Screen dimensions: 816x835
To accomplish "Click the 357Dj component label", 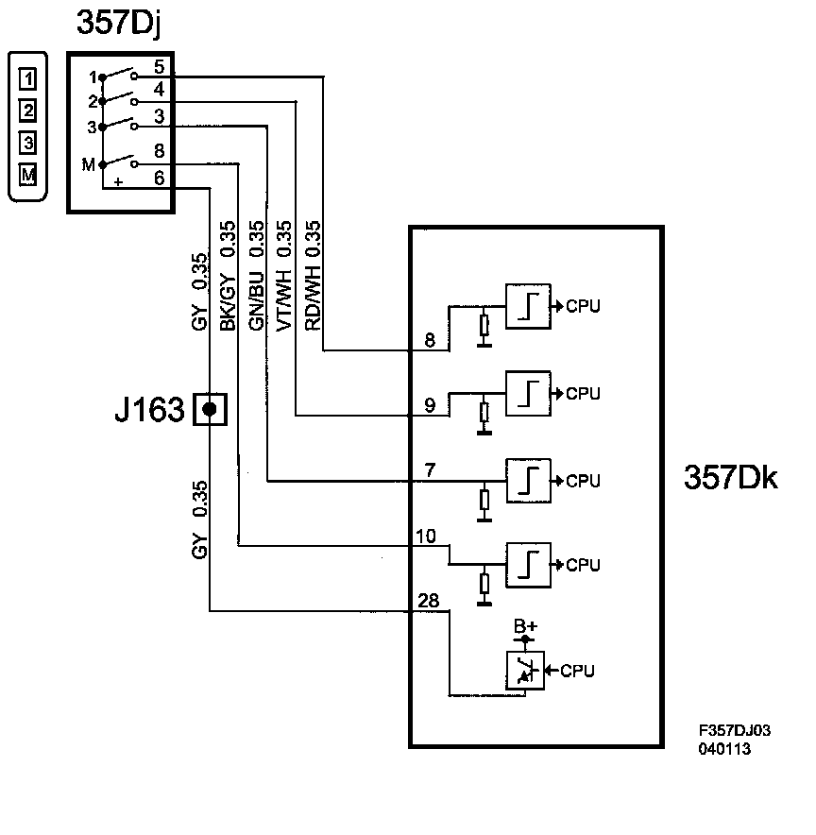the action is point(118,24).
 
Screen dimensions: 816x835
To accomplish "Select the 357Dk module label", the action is point(730,477).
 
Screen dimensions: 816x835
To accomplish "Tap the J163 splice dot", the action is point(210,409).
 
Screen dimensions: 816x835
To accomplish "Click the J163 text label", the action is point(149,409).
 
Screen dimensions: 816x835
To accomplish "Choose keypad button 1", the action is point(27,78).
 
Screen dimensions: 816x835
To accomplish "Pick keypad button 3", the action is point(27,143).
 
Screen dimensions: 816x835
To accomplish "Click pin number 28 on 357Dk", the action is point(429,600).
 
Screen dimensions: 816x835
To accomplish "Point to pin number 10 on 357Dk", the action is point(426,536).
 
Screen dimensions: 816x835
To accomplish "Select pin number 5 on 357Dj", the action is point(160,66).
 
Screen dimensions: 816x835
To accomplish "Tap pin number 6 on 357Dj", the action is point(160,178).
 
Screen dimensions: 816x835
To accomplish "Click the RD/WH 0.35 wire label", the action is point(313,276).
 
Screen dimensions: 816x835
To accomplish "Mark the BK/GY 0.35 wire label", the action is point(228,276).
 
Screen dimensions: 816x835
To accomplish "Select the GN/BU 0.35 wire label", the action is point(256,276).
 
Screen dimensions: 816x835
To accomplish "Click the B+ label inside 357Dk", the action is point(525,625).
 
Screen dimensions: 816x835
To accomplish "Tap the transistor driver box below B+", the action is point(525,671).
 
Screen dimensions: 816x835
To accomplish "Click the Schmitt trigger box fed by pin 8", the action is point(528,306).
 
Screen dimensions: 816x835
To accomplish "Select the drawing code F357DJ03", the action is point(735,730).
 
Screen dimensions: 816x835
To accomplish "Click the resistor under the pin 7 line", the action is point(484,500).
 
